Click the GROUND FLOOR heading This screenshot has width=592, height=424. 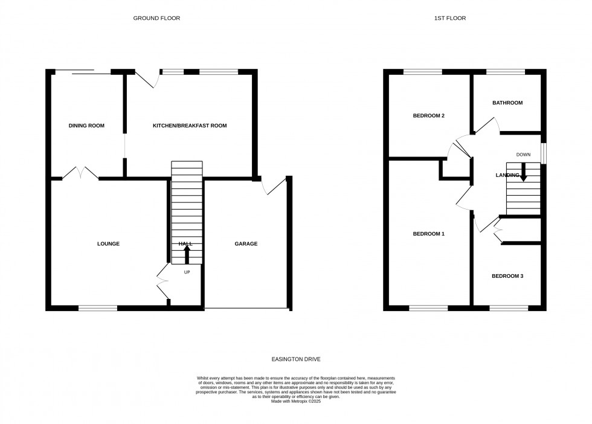[156, 18]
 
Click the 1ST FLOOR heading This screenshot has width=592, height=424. [449, 18]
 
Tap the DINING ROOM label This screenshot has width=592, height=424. [86, 126]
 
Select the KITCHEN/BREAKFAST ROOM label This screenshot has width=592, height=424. [189, 126]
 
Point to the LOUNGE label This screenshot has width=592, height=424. [108, 244]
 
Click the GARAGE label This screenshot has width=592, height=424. [246, 244]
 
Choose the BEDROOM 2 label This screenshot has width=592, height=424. [428, 115]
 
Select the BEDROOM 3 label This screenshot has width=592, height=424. [507, 276]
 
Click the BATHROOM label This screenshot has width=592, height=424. [507, 103]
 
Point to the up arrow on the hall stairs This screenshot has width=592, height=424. [186, 254]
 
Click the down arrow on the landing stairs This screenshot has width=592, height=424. [523, 173]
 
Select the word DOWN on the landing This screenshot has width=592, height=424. [523, 155]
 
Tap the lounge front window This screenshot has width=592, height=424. [97, 308]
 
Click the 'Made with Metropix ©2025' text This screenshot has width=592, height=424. [296, 401]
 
